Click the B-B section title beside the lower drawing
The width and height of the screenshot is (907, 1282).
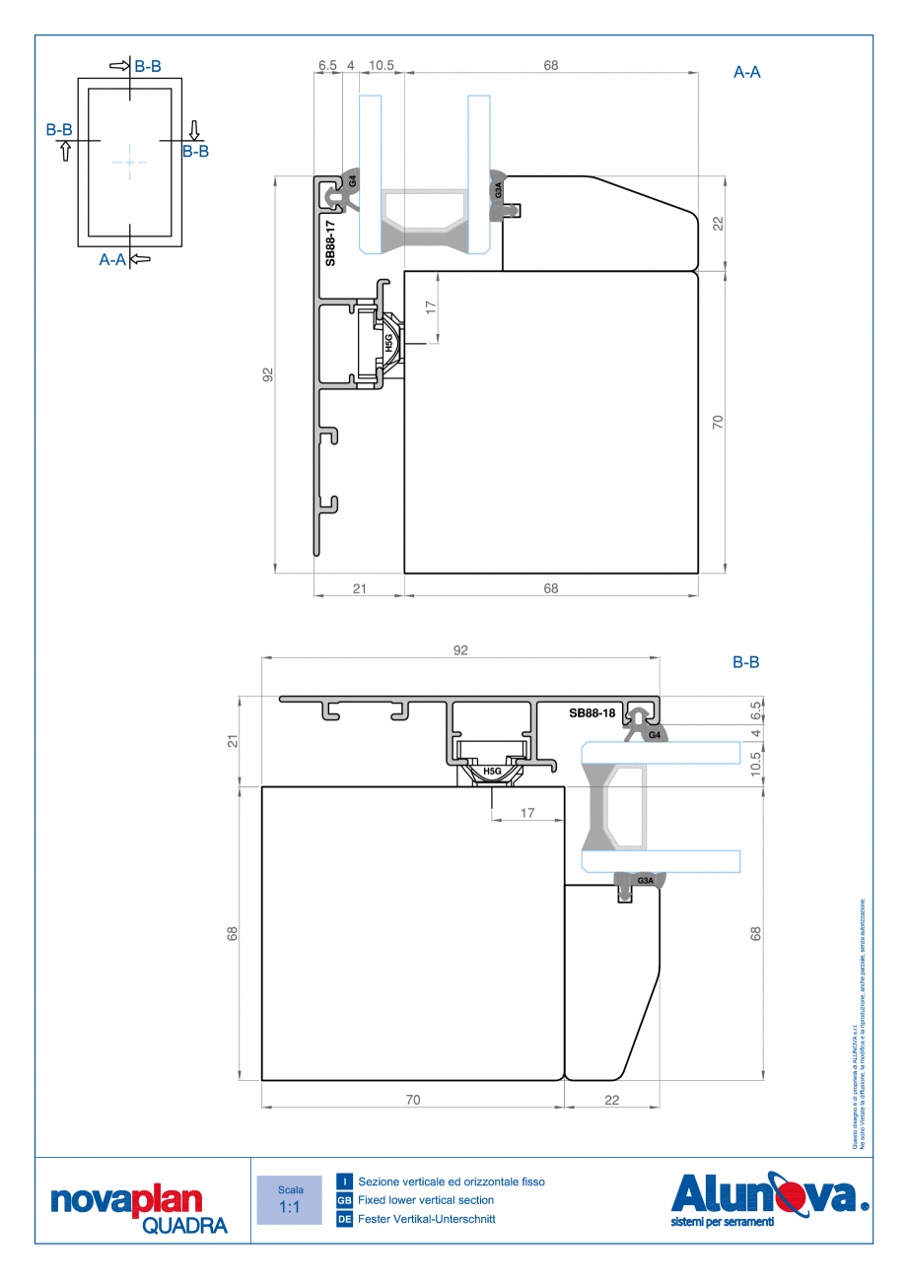[745, 663]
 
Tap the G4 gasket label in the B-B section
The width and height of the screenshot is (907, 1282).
[654, 735]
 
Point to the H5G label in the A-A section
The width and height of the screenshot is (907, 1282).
[389, 343]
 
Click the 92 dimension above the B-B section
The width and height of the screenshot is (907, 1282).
[459, 649]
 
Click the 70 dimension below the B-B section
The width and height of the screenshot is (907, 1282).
[412, 1100]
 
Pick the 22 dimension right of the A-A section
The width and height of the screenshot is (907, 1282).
[718, 223]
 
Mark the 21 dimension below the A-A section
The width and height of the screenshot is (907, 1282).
[359, 588]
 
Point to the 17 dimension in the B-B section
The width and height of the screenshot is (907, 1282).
[527, 813]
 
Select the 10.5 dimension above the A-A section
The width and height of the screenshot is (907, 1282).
[382, 65]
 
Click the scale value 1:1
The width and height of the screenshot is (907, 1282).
[290, 1207]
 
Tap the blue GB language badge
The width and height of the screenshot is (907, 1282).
[344, 1200]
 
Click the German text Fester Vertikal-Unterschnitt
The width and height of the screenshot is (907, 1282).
[427, 1219]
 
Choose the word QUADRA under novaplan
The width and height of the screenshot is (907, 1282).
[184, 1225]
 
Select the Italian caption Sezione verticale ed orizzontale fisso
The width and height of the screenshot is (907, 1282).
[451, 1181]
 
